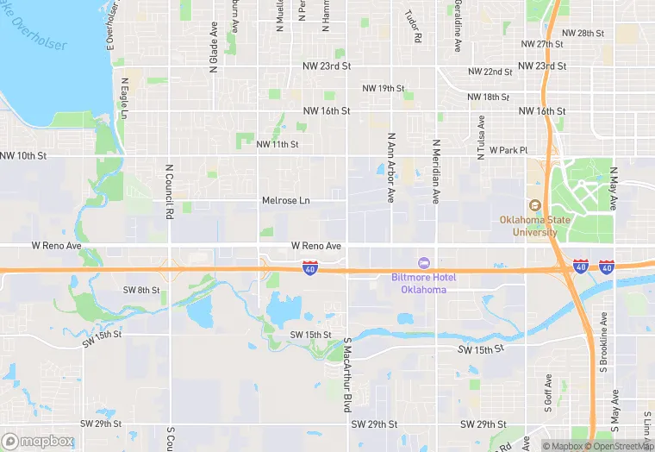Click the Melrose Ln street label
click(x=285, y=200)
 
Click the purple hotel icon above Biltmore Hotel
click(x=423, y=262)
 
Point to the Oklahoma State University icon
click(x=534, y=205)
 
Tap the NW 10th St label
click(x=23, y=155)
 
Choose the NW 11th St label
click(x=277, y=144)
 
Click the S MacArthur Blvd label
click(x=348, y=374)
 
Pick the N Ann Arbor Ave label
click(x=390, y=167)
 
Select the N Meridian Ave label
click(x=436, y=172)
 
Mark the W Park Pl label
click(x=508, y=150)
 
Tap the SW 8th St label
click(x=141, y=291)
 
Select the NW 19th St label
click(x=384, y=88)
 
